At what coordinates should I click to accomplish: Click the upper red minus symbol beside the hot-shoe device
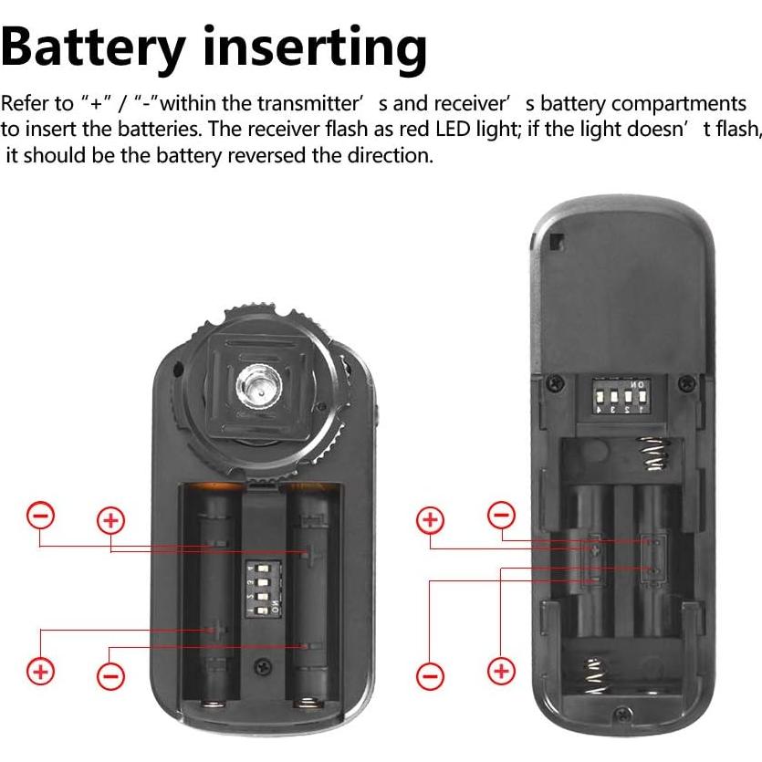click(x=41, y=516)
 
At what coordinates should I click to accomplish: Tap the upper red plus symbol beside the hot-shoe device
click(x=110, y=521)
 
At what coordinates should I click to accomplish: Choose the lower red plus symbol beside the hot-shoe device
click(x=40, y=673)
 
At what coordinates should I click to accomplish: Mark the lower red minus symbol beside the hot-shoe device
click(x=110, y=676)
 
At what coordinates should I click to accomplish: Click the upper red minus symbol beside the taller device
click(x=501, y=516)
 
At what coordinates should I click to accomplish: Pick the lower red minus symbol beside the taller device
click(x=430, y=676)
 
